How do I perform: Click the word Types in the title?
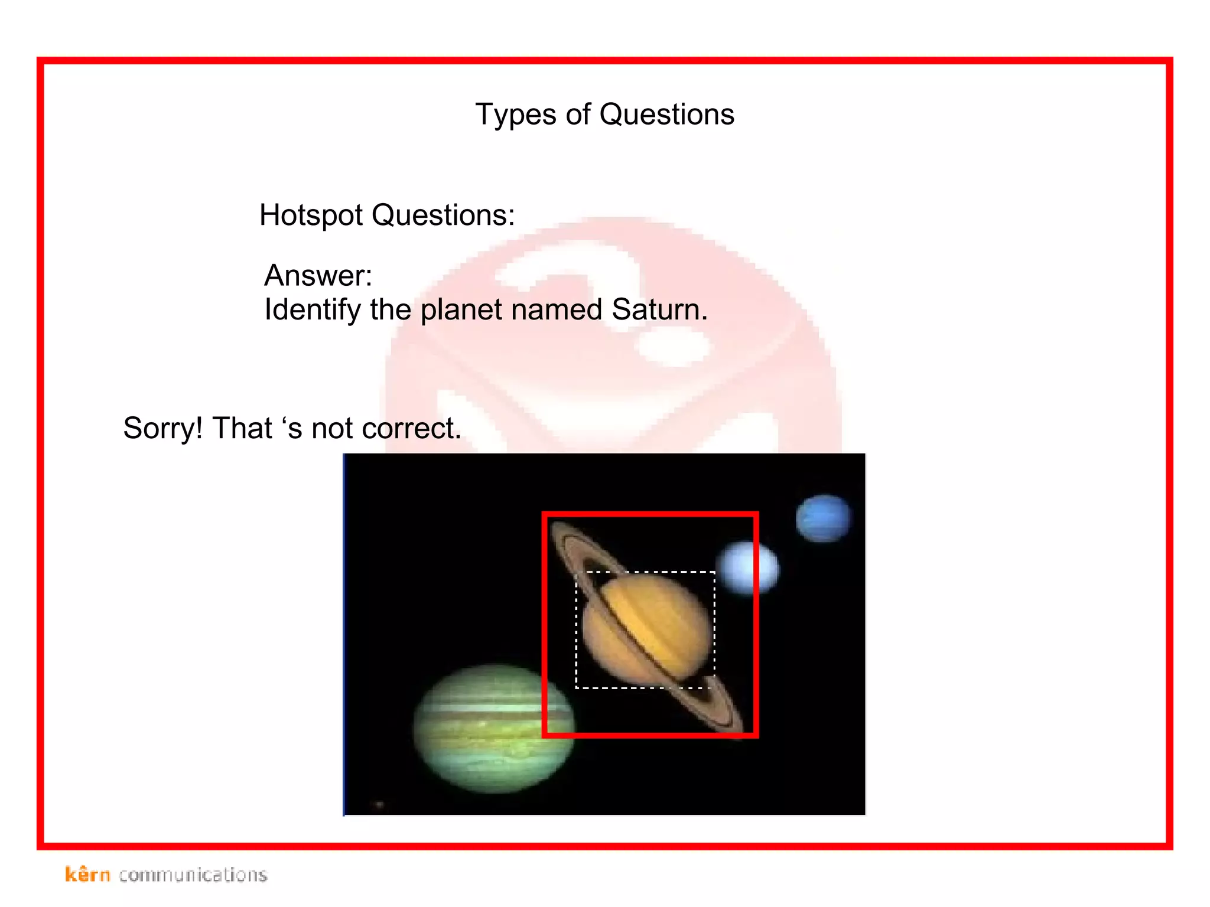coord(515,115)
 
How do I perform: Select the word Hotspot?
coord(311,216)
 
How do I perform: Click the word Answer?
coord(318,276)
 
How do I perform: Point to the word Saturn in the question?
coord(659,309)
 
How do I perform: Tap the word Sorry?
coord(162,429)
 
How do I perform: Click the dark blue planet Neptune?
coord(823,518)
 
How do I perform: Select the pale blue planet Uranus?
coord(747,568)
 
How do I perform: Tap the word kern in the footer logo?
coord(87,875)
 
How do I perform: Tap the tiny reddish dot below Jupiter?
coord(379,804)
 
